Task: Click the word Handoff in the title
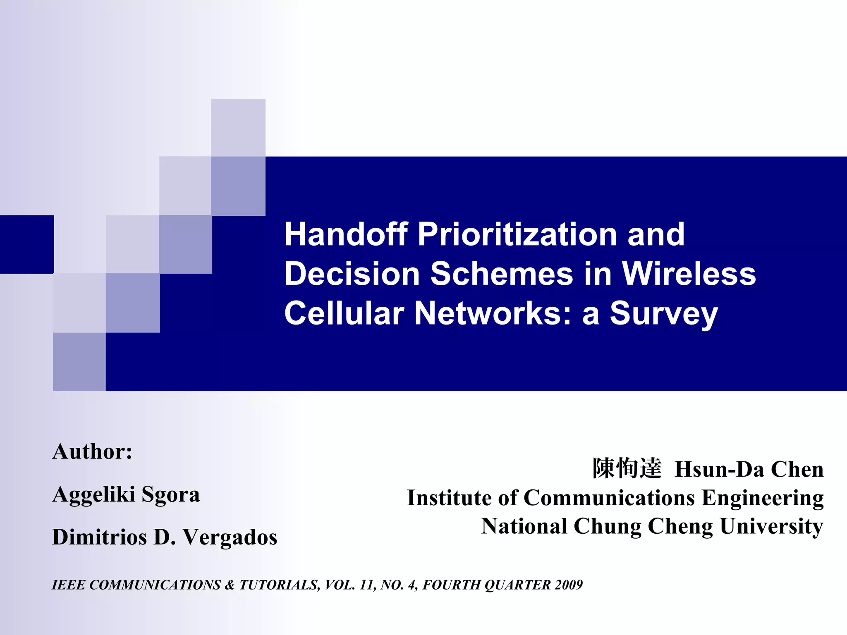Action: (346, 234)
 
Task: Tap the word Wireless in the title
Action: (689, 274)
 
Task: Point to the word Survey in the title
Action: (664, 313)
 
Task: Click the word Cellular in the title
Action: (344, 313)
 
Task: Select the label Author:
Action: (92, 451)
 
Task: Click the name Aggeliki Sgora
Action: (126, 494)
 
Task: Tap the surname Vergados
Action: (230, 537)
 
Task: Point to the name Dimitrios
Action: (99, 537)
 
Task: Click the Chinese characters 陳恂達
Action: (627, 469)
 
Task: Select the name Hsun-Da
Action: (719, 470)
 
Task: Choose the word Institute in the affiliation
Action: (449, 497)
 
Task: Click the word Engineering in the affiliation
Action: (762, 498)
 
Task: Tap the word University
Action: (771, 527)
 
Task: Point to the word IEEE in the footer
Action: (68, 585)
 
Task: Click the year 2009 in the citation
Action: (569, 585)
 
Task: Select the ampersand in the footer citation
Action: (230, 585)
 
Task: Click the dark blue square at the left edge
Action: (26, 244)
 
